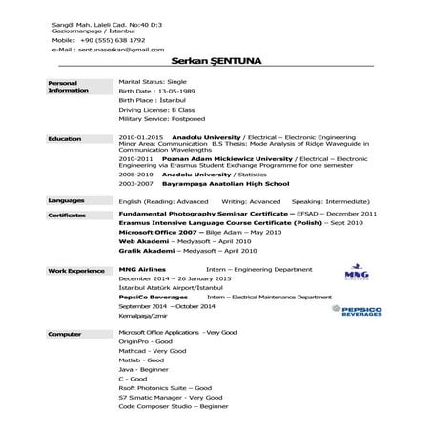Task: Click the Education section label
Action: click(x=64, y=138)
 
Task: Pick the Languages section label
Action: click(x=66, y=201)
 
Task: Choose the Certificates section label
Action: click(x=68, y=215)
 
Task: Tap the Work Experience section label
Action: click(x=76, y=271)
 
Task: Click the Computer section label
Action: click(x=64, y=334)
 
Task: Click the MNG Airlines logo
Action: click(x=352, y=274)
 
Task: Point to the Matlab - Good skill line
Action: click(x=138, y=364)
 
